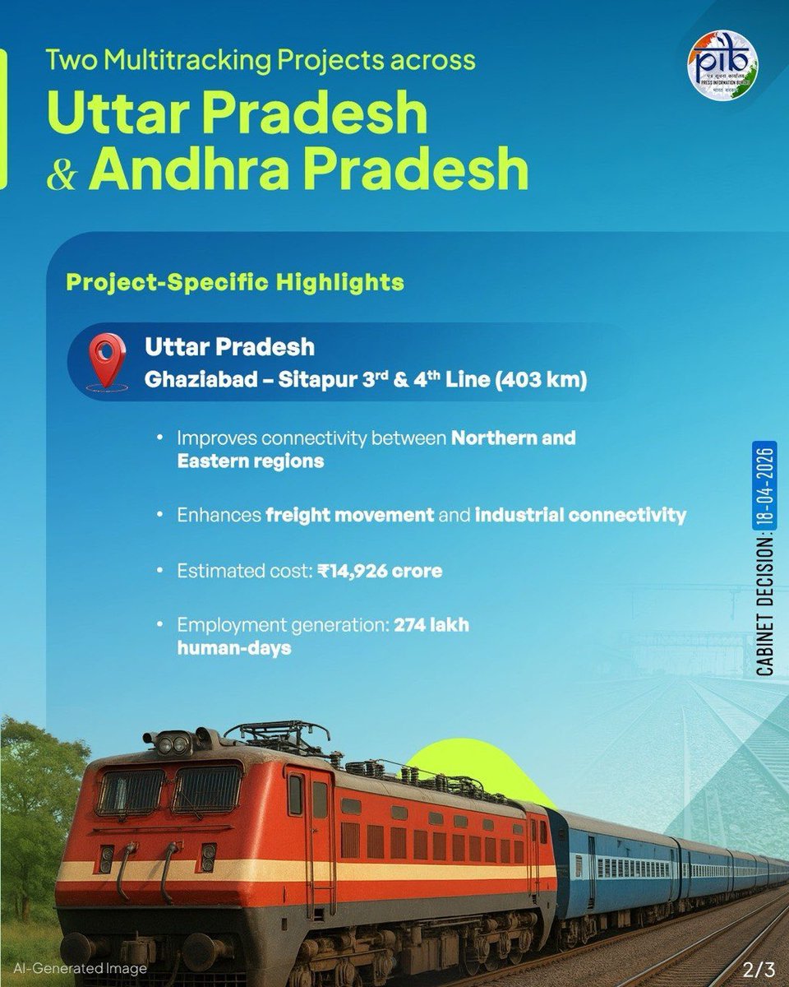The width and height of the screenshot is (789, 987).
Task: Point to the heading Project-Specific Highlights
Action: [x=234, y=282]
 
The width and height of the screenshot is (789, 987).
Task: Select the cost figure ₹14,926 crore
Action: [x=380, y=571]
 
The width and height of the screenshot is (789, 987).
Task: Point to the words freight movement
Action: [x=349, y=516]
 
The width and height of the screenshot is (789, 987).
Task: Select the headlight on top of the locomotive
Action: [x=173, y=746]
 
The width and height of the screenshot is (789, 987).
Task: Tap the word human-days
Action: [x=234, y=648]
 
